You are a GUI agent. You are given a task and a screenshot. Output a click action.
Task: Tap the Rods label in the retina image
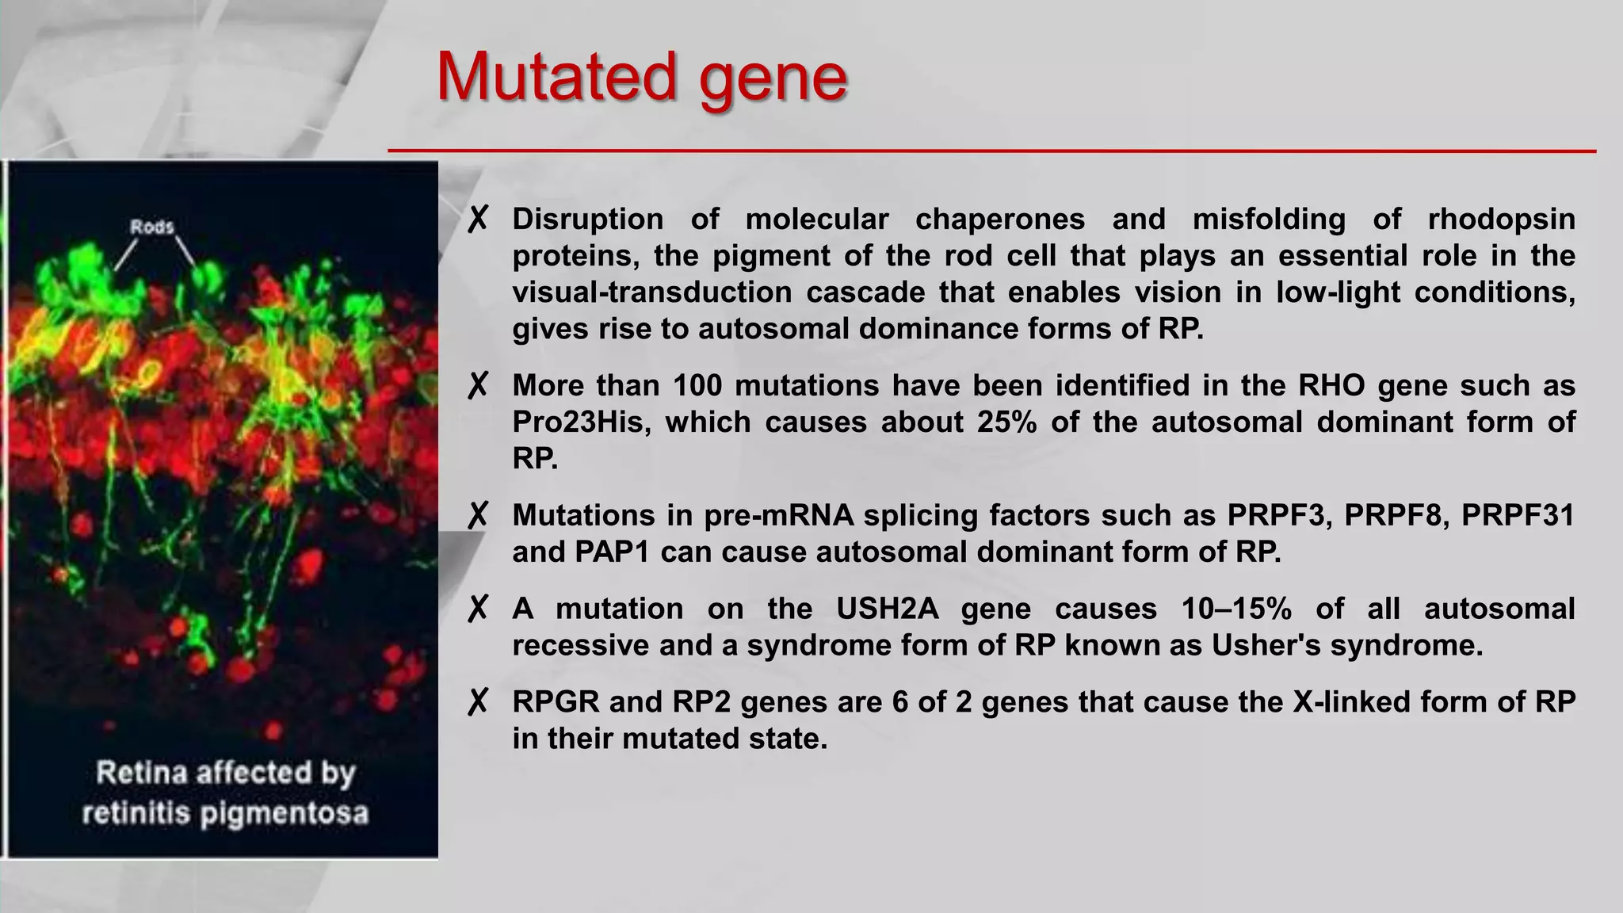click(x=151, y=227)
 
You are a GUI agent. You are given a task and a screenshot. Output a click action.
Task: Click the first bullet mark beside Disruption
click(x=478, y=220)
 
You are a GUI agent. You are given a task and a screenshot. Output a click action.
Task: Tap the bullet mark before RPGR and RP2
click(x=478, y=702)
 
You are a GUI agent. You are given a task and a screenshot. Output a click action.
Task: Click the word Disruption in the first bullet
click(x=587, y=219)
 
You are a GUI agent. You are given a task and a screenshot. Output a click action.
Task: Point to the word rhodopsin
click(x=1501, y=219)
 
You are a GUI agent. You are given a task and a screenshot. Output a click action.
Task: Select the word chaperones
click(x=999, y=219)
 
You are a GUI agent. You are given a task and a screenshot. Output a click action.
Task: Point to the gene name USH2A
click(x=887, y=609)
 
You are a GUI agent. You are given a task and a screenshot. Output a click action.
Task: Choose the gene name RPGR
click(x=556, y=702)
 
